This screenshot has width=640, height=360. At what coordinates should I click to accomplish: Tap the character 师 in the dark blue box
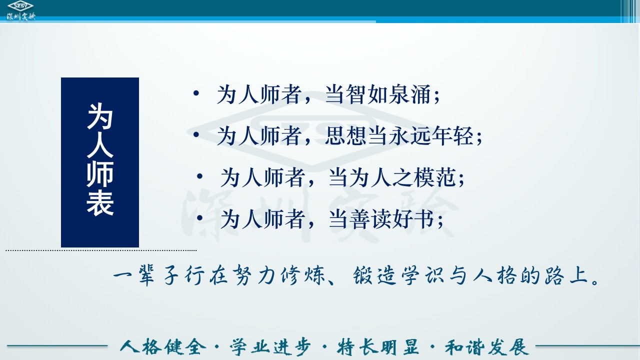coord(100,174)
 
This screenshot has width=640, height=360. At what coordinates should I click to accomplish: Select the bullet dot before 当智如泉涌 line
coord(196,93)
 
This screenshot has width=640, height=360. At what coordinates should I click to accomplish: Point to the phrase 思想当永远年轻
coord(399,135)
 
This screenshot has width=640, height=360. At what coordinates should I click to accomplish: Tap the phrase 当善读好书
coord(381,219)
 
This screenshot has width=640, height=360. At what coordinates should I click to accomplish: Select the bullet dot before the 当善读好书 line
coord(199,218)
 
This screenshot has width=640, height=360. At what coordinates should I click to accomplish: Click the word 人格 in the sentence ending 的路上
coord(494,275)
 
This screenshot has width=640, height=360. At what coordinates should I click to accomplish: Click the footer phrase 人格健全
coord(163,347)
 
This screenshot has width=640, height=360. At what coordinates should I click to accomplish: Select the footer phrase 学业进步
coord(270,347)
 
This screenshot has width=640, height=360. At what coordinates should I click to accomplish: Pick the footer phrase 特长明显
coord(377,347)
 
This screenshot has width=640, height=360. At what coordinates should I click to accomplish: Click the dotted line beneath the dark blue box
coord(101,250)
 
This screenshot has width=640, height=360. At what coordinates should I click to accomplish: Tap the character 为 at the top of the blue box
coord(100,116)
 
